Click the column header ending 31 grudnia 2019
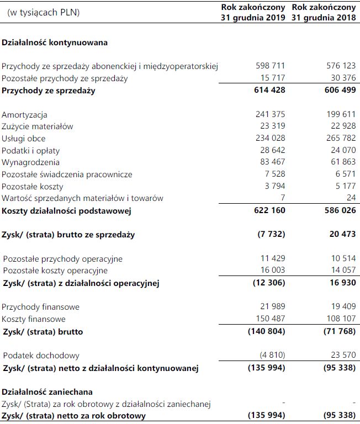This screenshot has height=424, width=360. [x=253, y=12]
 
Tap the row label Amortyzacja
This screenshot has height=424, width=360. [x=24, y=115]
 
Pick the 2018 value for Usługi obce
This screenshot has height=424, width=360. [x=338, y=139]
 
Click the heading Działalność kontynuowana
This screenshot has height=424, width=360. [x=55, y=42]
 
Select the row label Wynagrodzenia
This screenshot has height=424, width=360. [x=30, y=162]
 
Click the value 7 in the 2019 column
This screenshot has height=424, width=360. [x=283, y=198]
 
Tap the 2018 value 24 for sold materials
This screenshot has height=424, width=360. [x=350, y=198]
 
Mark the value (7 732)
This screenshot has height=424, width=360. [x=271, y=235]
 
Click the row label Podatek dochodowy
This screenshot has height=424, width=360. [x=41, y=356]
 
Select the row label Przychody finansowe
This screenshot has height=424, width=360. [x=41, y=307]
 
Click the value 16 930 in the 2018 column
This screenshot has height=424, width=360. [x=341, y=283]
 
